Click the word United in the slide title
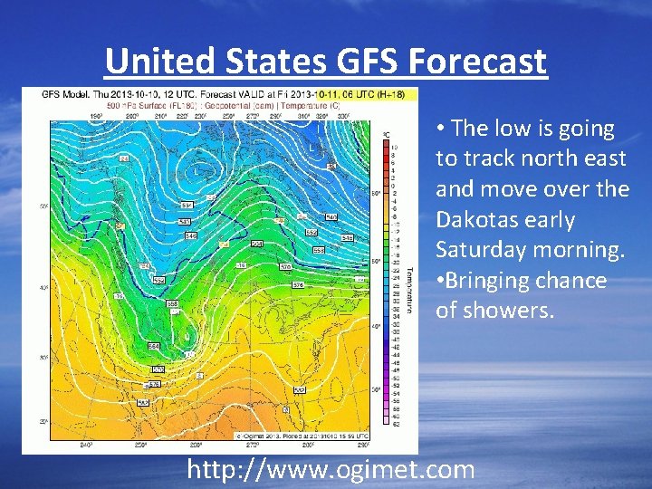coord(158,62)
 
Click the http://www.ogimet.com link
coord(330,469)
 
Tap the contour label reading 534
coord(186,206)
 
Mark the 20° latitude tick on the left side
coord(42,422)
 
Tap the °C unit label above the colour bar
coord(385,134)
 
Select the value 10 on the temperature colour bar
coord(394,147)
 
